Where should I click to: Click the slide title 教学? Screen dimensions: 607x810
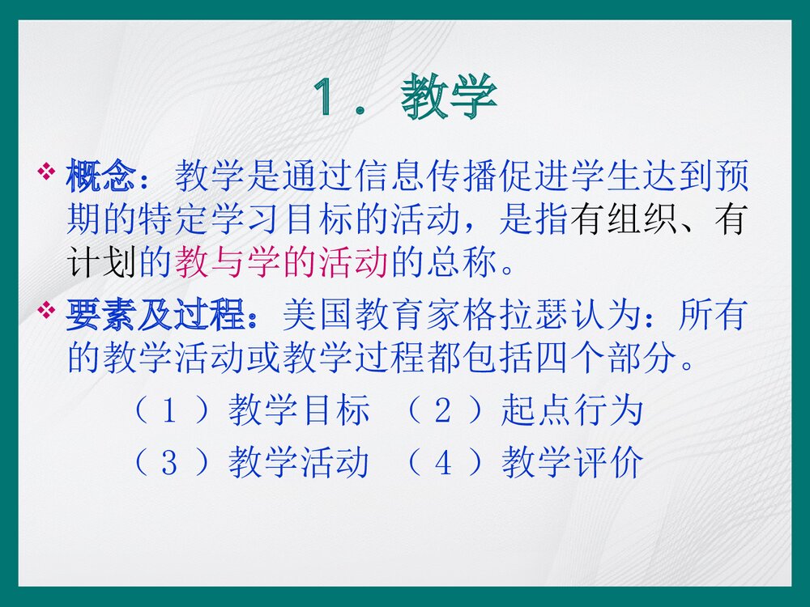pyautogui.click(x=449, y=99)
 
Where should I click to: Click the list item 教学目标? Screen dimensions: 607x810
pyautogui.click(x=299, y=411)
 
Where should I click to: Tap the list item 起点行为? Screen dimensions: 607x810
pyautogui.click(x=572, y=411)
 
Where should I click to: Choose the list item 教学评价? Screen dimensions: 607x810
pyautogui.click(x=572, y=463)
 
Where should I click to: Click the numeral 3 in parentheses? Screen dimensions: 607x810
pyautogui.click(x=169, y=464)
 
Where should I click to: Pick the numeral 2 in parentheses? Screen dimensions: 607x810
pyautogui.click(x=442, y=412)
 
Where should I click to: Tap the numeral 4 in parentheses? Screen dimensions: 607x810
pyautogui.click(x=442, y=464)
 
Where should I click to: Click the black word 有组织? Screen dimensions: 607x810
pyautogui.click(x=624, y=220)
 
